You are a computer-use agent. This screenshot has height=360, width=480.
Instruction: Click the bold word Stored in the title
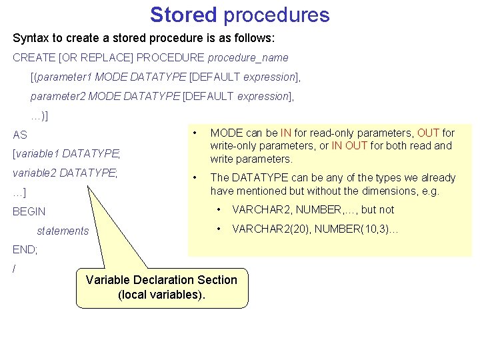pos(183,15)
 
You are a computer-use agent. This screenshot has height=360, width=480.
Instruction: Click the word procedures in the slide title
pos(276,15)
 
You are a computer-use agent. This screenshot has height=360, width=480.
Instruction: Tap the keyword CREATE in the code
pos(33,58)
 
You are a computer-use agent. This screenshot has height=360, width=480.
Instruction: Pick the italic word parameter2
pos(58,96)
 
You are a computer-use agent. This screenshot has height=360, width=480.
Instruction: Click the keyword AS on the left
pos(20,135)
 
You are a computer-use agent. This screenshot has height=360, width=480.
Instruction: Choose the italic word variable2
pos(35,173)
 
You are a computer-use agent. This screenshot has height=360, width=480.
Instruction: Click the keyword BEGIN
pos(29,211)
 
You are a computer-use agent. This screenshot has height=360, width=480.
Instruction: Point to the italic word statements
pos(63,231)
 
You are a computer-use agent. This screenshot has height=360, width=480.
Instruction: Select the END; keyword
pos(25,250)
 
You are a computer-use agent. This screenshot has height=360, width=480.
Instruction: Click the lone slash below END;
pos(14,269)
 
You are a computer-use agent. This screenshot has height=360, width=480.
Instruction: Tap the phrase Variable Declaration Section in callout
pos(161,280)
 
